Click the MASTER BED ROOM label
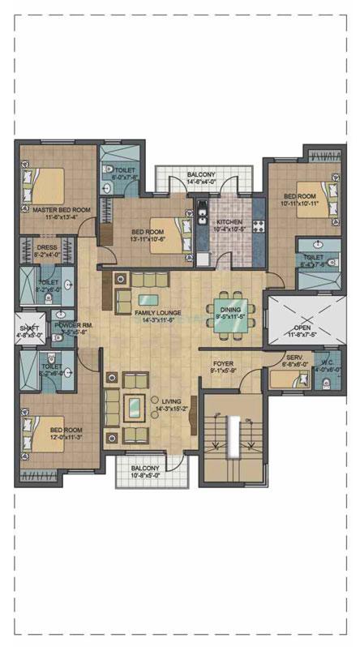pos(62,210)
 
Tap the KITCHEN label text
pos(229,221)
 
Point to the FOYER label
pos(224,364)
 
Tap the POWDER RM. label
pos(71,324)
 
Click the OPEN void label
pos(302,327)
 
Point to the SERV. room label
pos(294,358)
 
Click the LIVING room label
pos(172,401)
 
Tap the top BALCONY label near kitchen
pos(201,175)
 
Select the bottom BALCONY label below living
pos(147,468)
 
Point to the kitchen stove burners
pos(259,226)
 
